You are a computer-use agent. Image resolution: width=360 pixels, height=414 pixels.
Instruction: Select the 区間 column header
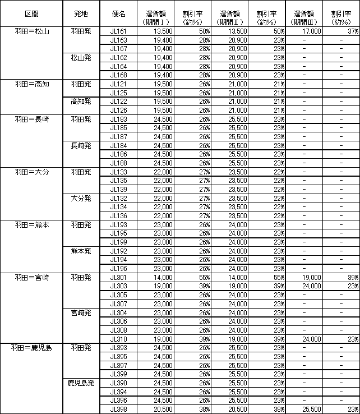32,13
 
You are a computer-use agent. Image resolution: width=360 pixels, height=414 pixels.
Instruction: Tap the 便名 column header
119,13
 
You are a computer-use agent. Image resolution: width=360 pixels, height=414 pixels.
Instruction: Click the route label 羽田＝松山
32,31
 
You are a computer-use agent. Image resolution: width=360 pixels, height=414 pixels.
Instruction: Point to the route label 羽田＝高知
32,84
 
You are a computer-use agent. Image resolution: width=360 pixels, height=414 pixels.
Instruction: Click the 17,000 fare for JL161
311,31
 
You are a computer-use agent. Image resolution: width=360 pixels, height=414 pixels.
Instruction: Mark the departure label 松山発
81,57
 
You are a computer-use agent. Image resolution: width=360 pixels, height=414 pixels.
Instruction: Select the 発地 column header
81,13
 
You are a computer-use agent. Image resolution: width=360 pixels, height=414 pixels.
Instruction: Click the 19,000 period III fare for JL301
311,277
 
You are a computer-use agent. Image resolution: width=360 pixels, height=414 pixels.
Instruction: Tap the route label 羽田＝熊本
32,224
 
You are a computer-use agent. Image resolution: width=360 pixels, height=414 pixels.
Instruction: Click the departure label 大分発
81,198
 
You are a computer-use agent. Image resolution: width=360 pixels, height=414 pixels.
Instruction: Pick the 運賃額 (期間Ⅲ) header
303,17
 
